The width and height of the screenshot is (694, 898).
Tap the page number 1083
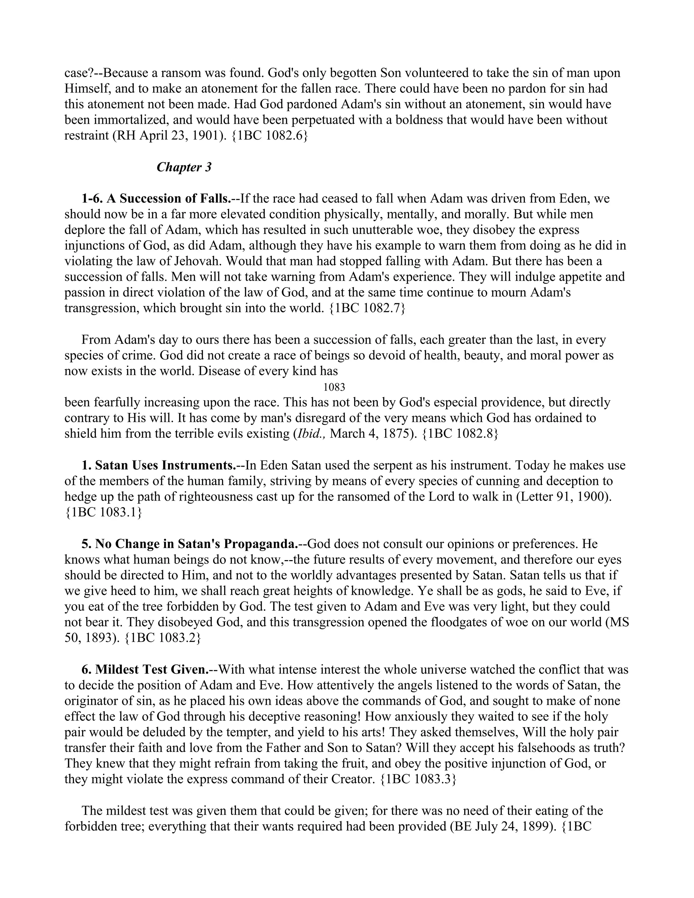click(334, 387)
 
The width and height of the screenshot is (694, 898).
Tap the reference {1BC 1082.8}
click(460, 434)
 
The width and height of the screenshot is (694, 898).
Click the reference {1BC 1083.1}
click(103, 513)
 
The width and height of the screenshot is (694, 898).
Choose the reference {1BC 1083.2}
click(162, 638)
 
